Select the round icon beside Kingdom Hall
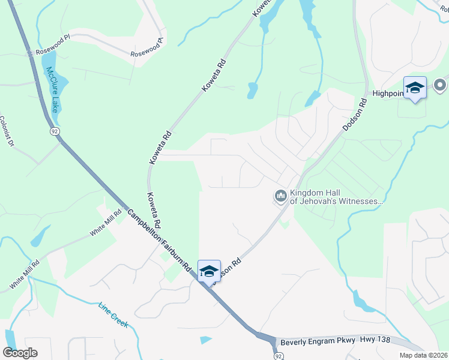280,196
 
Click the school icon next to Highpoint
415,88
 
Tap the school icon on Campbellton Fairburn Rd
209,271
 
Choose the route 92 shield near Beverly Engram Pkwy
278,355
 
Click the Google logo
20,352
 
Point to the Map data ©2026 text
423,355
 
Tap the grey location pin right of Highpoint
441,85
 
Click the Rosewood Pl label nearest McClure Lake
53,52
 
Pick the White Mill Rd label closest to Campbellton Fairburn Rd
101,223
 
